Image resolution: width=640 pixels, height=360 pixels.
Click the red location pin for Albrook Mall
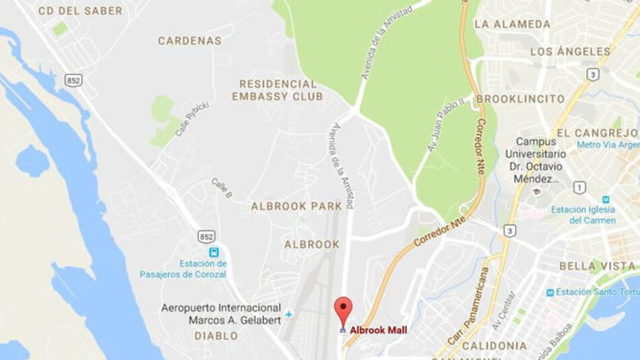pyautogui.click(x=344, y=309)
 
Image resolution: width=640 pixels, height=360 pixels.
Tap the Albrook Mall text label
pyautogui.click(x=378, y=330)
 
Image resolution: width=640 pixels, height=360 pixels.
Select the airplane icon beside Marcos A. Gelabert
pyautogui.click(x=289, y=314)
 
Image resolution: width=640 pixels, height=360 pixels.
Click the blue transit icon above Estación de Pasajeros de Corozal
pyautogui.click(x=214, y=252)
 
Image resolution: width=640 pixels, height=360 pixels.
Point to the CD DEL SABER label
pyautogui.click(x=80, y=11)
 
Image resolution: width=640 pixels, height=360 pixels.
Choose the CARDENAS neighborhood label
pyautogui.click(x=189, y=40)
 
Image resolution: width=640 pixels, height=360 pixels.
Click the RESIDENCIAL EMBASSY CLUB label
pyautogui.click(x=277, y=90)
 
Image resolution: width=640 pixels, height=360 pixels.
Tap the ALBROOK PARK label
pyautogui.click(x=296, y=206)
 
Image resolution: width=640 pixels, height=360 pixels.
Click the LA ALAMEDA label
pyautogui.click(x=513, y=24)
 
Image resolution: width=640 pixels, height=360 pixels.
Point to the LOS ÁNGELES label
pyautogui.click(x=570, y=51)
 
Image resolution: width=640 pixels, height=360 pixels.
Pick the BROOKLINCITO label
pyautogui.click(x=520, y=99)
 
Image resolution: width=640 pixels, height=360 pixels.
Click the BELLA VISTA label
pyautogui.click(x=598, y=266)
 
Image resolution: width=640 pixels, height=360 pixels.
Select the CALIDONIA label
pyautogui.click(x=494, y=346)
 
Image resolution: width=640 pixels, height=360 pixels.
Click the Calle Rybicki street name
pyautogui.click(x=191, y=120)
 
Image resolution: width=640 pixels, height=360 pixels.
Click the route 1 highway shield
pyautogui.click(x=579, y=187)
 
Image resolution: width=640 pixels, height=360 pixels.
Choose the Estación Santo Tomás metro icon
pyautogui.click(x=550, y=292)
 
